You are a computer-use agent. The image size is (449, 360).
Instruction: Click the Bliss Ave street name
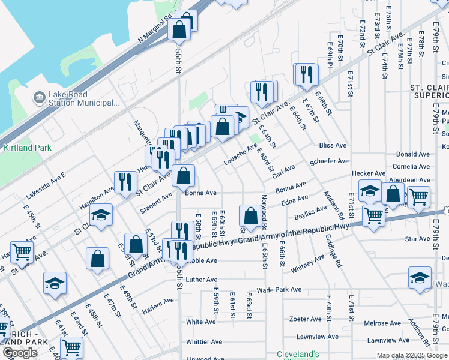tap(333, 146)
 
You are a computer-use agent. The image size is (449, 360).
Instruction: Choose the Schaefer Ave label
tap(328, 161)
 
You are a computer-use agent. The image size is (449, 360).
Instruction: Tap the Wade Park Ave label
tap(279, 289)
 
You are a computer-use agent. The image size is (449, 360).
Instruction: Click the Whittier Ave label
tap(204, 342)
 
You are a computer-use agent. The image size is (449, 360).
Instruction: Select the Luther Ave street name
tap(201, 280)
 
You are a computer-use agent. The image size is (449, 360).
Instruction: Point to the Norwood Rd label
tap(264, 213)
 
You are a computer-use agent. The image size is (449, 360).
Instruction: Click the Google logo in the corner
tap(19, 353)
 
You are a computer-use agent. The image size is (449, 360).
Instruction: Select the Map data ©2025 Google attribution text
tap(411, 355)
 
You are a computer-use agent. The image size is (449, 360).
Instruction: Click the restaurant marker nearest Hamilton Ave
tap(125, 182)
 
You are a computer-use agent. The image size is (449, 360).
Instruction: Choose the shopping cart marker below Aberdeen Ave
tap(373, 215)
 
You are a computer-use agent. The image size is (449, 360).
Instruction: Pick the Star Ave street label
tap(417, 239)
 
